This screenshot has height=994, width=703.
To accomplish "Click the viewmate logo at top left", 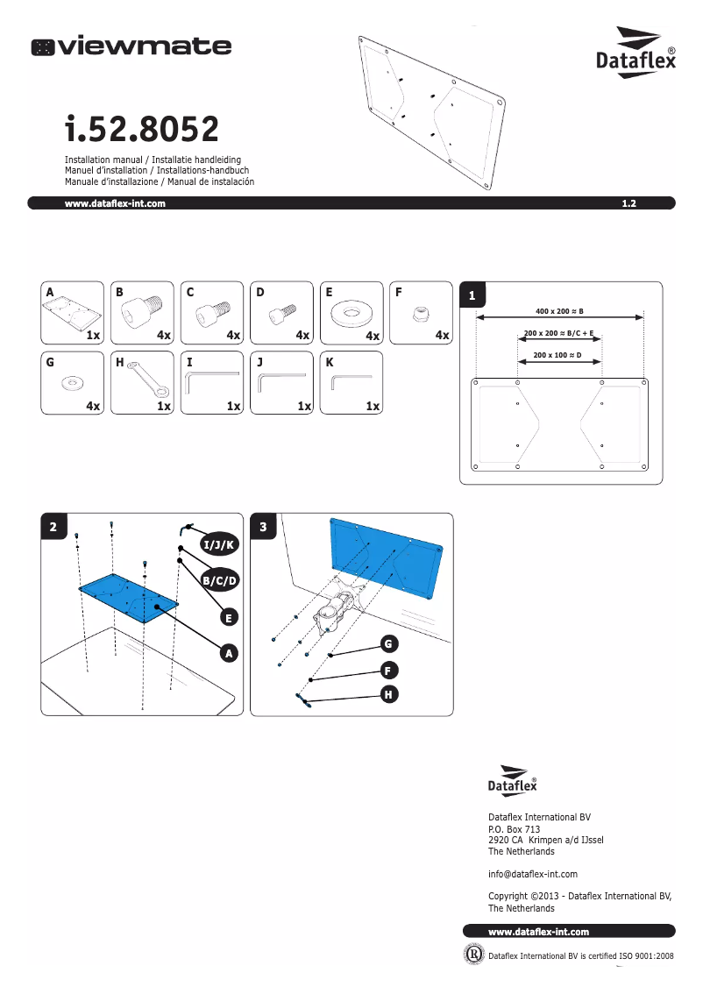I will (131, 47).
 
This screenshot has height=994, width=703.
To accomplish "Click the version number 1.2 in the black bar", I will (628, 203).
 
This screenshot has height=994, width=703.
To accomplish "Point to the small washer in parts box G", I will (72, 383).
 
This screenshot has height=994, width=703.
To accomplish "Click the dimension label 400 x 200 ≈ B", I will (559, 310).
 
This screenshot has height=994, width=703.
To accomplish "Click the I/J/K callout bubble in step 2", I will (218, 545).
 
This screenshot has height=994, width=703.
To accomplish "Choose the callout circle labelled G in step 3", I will (387, 644).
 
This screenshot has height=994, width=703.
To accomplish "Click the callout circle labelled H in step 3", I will (387, 694).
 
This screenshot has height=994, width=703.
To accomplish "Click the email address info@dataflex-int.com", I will (532, 874).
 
